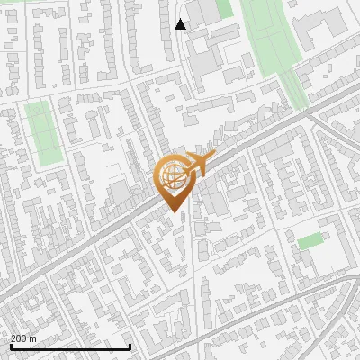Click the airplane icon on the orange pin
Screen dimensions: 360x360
click(200, 165)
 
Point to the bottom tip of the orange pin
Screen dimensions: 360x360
click(174, 212)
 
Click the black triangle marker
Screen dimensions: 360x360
click(181, 24)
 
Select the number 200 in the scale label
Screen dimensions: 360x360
click(20, 338)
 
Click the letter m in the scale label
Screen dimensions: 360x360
click(34, 338)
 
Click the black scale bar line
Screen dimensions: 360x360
click(70, 346)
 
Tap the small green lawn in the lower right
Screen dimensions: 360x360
click(310, 241)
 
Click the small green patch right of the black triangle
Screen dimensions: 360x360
click(224, 9)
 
